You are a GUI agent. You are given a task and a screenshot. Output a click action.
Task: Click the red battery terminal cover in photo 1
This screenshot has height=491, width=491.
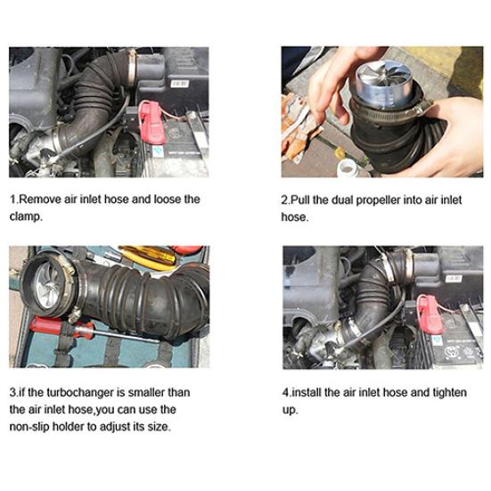(151, 122)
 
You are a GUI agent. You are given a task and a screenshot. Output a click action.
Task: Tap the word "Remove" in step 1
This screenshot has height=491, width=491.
(40, 199)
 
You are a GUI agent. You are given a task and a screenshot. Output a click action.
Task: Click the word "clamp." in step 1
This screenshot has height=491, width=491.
(26, 217)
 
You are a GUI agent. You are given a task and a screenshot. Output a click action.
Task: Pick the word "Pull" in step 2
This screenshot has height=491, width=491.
(300, 200)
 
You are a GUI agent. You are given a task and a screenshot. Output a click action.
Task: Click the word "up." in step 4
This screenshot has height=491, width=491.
(290, 410)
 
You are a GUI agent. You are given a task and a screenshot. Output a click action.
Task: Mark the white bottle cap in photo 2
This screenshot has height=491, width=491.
(348, 167)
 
